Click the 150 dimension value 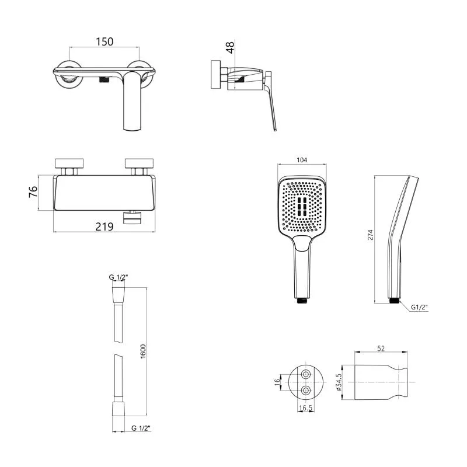point(104,41)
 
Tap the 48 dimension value point(230,48)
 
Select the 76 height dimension point(33,191)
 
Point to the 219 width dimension point(104,227)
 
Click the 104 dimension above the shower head point(302,160)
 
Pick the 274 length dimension point(370,235)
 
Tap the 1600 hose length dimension point(143,351)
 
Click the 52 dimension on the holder point(381,348)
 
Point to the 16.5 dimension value point(305,407)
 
